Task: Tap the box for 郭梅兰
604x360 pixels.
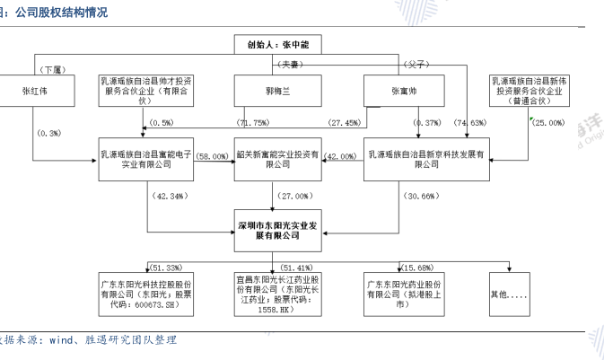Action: click(276, 91)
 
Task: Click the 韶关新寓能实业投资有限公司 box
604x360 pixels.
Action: click(276, 160)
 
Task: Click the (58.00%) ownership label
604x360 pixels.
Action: click(213, 154)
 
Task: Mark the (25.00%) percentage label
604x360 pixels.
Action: click(547, 121)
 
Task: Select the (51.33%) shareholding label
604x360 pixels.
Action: click(166, 267)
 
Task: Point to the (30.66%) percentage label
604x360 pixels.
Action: click(423, 195)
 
